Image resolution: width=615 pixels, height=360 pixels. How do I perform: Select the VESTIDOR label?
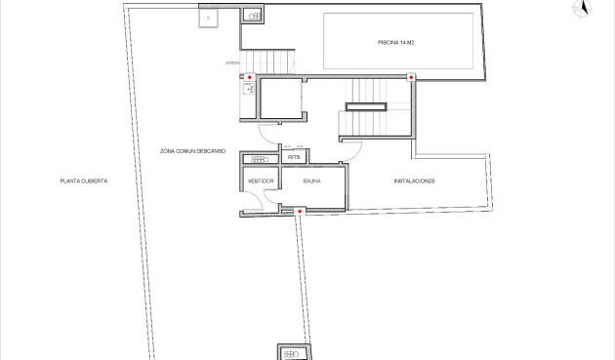tap(261, 181)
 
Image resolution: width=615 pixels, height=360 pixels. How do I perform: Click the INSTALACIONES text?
tap(414, 181)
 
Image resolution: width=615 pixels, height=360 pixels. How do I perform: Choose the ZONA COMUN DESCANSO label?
tap(193, 151)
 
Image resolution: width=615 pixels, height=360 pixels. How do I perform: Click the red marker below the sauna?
tap(300, 211)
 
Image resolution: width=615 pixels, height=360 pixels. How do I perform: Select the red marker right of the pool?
tap(411, 77)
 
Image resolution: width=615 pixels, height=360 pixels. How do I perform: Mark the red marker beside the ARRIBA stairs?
tap(250, 77)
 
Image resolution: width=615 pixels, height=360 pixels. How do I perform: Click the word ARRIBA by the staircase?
tap(232, 63)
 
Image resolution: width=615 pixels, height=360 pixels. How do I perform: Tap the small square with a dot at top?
tap(208, 18)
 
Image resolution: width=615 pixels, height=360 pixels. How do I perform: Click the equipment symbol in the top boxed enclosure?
tap(253, 17)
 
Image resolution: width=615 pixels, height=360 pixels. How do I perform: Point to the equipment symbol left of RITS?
tap(261, 159)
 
